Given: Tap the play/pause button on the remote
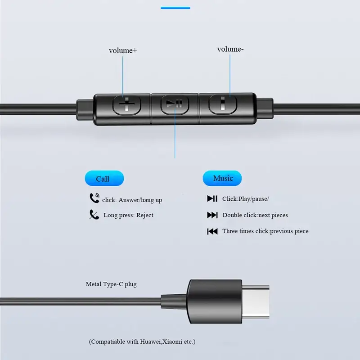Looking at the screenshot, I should [174, 104].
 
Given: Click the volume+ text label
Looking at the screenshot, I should [123, 50].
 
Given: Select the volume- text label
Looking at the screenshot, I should [230, 49].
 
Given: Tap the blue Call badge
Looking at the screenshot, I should [103, 179].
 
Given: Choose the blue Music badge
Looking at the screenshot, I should [222, 178].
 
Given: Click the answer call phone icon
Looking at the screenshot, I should [94, 198].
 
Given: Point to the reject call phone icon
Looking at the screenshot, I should [94, 215].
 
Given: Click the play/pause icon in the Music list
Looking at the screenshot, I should [212, 198].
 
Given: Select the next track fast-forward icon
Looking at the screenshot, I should [212, 215].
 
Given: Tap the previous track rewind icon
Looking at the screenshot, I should [212, 231].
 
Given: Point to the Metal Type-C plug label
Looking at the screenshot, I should [111, 284].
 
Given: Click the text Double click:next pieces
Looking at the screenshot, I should [255, 215].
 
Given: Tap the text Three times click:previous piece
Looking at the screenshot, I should [265, 231].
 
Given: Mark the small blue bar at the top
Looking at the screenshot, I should [175, 8].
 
